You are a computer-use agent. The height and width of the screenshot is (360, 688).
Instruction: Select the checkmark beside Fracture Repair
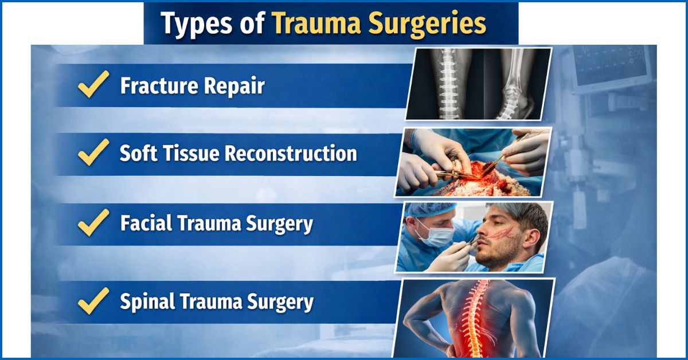pyautogui.click(x=93, y=85)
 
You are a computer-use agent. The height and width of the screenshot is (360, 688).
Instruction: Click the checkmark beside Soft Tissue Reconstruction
pyautogui.click(x=93, y=153)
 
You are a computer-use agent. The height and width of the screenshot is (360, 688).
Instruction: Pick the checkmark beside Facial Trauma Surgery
pyautogui.click(x=93, y=222)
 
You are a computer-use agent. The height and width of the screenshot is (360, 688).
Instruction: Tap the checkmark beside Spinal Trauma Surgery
pyautogui.click(x=93, y=300)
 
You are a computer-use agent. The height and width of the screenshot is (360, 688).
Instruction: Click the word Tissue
pyautogui.click(x=193, y=154)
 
